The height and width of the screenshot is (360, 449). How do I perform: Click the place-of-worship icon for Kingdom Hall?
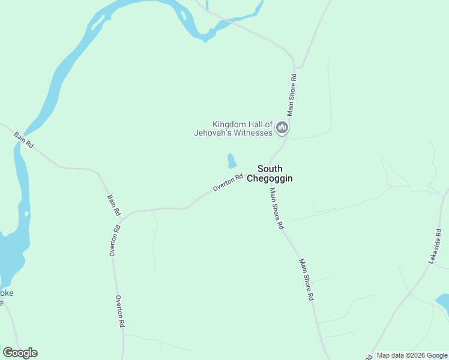(282, 128)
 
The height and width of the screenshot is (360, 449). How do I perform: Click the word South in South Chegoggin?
(270, 169)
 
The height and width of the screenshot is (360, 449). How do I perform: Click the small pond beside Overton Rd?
(231, 160)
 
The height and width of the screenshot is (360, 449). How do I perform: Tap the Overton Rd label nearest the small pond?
(228, 182)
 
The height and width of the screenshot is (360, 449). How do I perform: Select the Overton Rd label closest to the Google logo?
(120, 311)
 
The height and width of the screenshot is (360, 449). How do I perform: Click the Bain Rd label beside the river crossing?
(24, 141)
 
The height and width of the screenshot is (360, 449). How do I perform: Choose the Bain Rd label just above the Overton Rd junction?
(114, 205)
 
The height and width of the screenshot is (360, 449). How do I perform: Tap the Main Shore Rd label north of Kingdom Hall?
(292, 95)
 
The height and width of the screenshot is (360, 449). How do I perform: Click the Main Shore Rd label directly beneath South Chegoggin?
(276, 209)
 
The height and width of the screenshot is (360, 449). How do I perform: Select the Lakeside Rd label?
(435, 246)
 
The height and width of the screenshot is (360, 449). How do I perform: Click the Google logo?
(20, 353)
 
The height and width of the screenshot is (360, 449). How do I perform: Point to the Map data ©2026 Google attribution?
(412, 355)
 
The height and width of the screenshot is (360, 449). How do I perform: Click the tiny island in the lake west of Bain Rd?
(26, 214)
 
